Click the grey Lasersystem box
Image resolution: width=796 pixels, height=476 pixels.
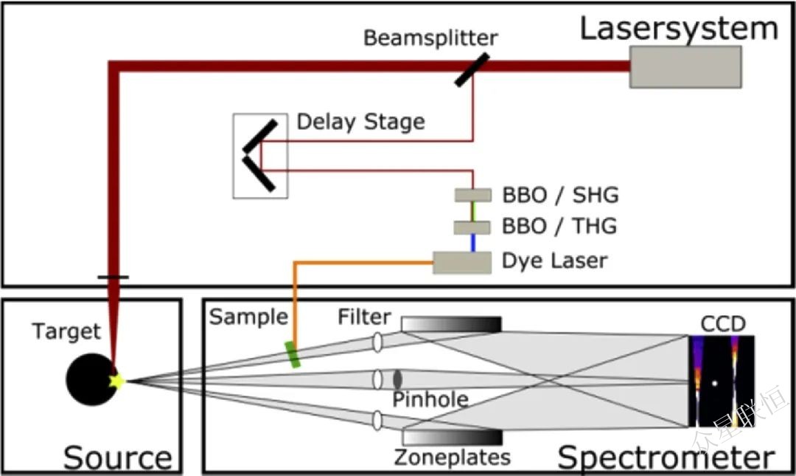point(685,66)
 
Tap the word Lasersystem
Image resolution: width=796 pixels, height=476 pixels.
point(679,29)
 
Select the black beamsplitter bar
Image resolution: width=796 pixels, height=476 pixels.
point(471,69)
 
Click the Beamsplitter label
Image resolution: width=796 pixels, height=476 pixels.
point(430,38)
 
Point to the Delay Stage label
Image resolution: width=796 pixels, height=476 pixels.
point(360,122)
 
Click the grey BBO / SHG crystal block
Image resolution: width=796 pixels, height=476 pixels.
point(472,195)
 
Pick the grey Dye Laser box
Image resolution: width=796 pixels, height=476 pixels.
point(462,262)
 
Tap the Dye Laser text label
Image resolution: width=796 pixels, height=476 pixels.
point(554,261)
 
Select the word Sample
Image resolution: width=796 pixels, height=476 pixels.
point(248,317)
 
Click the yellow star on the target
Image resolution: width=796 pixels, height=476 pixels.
point(116,381)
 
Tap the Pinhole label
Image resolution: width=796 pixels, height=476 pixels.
point(430,400)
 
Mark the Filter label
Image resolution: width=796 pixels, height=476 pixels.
point(364,317)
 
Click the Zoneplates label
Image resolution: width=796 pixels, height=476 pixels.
point(452,457)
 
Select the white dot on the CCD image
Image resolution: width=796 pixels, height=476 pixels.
point(714,383)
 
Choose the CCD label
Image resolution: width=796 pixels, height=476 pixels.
point(723,324)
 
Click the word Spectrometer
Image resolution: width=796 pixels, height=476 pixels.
point(666,457)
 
